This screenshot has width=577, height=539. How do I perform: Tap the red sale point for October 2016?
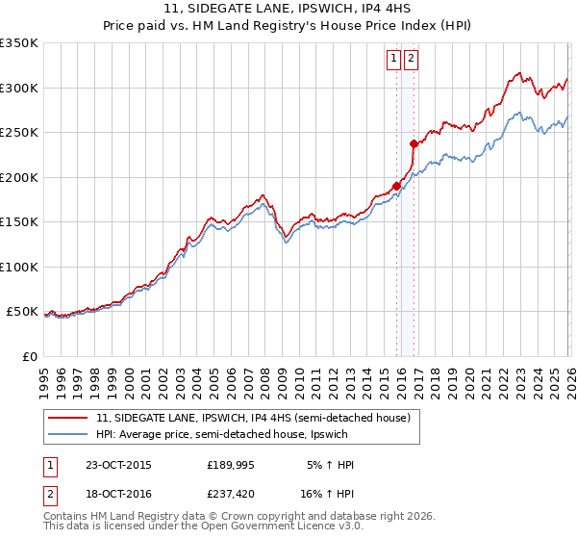tap(414, 144)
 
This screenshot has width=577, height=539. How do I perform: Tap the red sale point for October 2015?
tap(396, 187)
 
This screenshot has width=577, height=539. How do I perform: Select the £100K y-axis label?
tap(19, 267)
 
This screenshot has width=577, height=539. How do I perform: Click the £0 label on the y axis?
tap(29, 356)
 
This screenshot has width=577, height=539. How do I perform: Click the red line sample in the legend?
tap(68, 418)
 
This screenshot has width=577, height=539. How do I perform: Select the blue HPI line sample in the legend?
tap(68, 434)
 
